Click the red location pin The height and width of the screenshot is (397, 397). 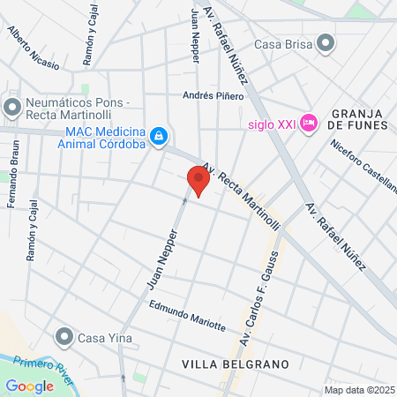click(x=198, y=181)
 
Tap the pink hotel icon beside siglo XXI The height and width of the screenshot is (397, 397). click(x=309, y=123)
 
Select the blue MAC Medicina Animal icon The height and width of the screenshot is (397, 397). click(x=158, y=136)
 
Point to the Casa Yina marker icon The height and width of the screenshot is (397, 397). click(x=63, y=337)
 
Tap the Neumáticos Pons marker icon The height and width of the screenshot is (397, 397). click(x=11, y=108)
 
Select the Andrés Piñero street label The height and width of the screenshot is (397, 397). click(x=206, y=95)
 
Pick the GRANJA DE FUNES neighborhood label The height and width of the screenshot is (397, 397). click(x=361, y=118)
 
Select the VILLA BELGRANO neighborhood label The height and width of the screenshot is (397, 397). click(x=223, y=363)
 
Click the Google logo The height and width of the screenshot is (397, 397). click(x=29, y=386)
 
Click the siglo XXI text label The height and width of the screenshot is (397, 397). click(x=269, y=123)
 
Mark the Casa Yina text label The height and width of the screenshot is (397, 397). click(x=104, y=337)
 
